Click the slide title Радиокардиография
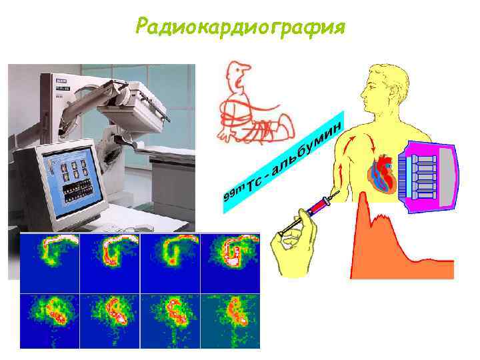239,27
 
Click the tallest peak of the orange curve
363,200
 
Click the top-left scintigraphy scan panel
50,262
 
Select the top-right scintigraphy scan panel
230,262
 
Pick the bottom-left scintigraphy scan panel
50,320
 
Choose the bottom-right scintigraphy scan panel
230,320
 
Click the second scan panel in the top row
110,262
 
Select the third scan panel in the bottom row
170,320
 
